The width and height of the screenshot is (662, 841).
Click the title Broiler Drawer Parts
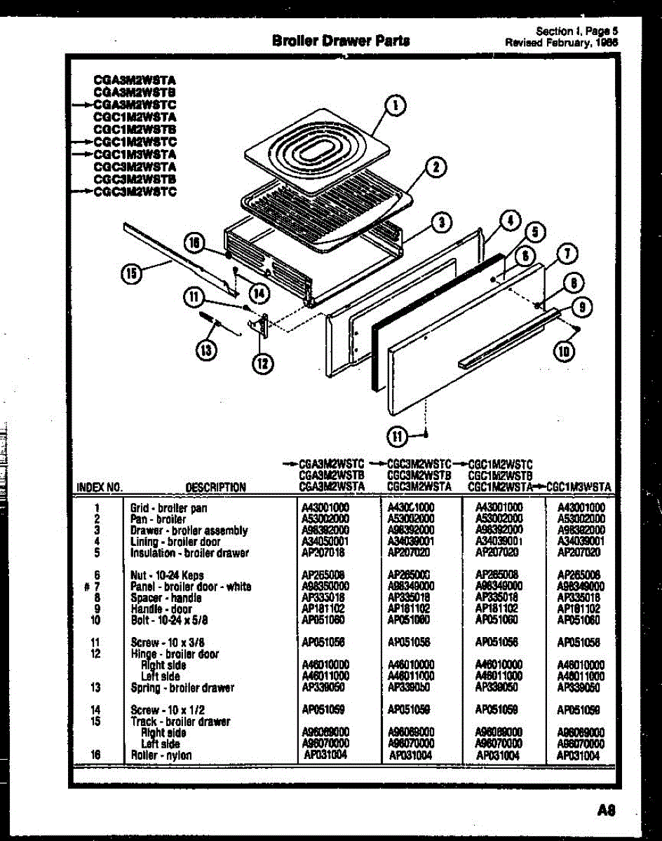(x=341, y=41)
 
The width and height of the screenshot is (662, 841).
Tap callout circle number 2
(x=435, y=167)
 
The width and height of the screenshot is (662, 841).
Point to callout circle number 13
(x=205, y=350)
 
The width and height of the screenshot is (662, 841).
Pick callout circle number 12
(x=263, y=362)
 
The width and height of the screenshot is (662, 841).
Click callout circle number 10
(x=562, y=352)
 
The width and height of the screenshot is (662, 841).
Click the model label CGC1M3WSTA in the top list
(x=135, y=154)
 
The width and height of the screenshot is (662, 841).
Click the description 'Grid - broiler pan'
(x=168, y=508)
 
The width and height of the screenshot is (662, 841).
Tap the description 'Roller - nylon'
(x=161, y=755)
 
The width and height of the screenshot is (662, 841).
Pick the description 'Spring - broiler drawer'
(x=182, y=688)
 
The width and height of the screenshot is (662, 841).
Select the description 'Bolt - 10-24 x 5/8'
(x=169, y=620)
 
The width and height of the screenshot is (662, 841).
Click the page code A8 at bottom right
(x=606, y=811)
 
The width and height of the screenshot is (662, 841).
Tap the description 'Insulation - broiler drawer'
(x=189, y=553)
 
